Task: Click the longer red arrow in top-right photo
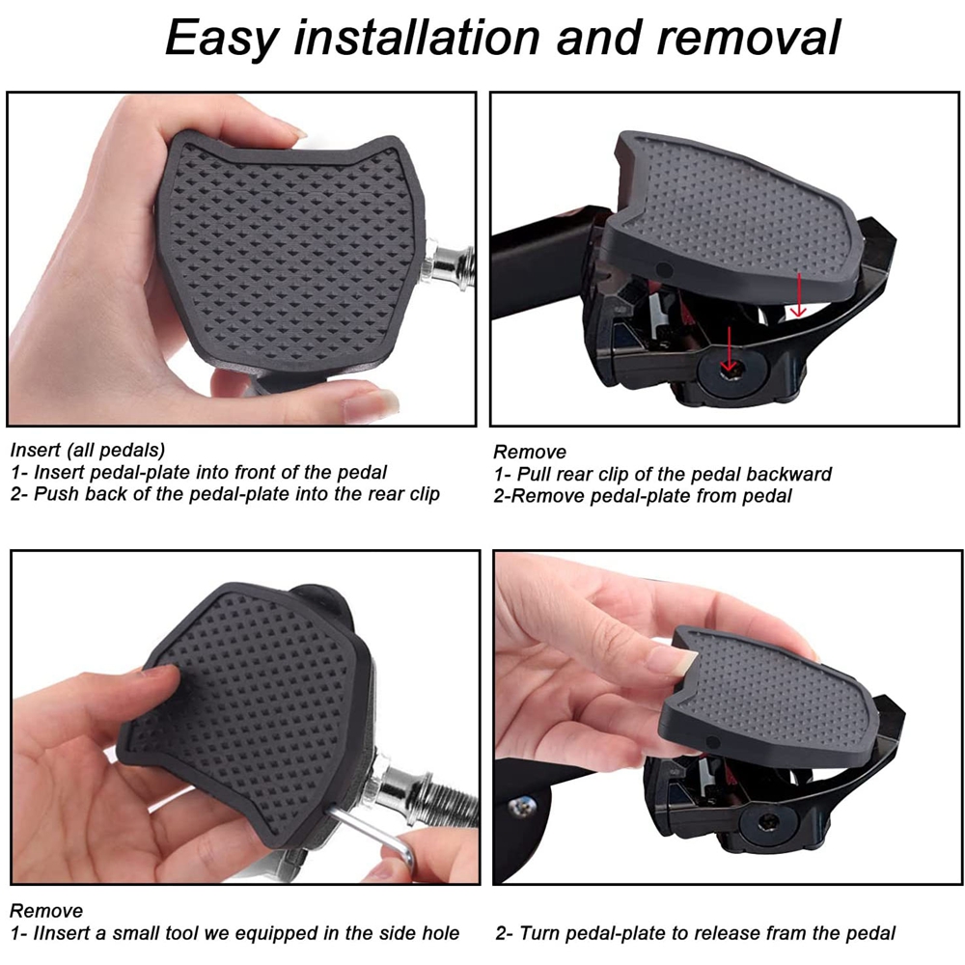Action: click(x=729, y=349)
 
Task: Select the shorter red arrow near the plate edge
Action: click(x=798, y=294)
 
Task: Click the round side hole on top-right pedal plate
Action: click(x=664, y=269)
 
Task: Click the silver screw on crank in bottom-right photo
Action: click(x=522, y=805)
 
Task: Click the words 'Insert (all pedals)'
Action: click(x=88, y=451)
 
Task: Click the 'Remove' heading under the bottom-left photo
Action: click(x=46, y=911)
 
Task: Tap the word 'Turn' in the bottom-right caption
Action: click(x=536, y=933)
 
